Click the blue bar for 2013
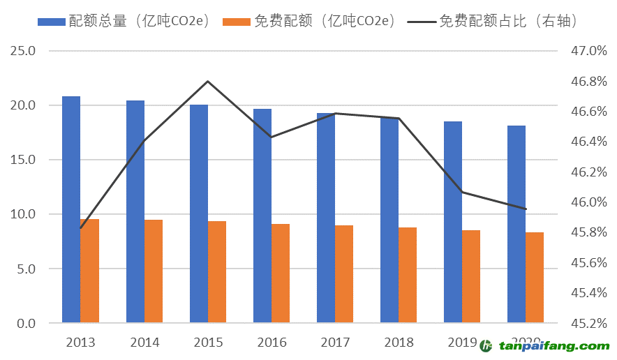tap(71, 209)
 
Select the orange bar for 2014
tap(154, 271)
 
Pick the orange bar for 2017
tap(344, 274)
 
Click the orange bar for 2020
tap(535, 278)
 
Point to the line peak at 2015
tap(208, 82)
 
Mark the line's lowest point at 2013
tap(81, 227)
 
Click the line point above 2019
tap(462, 192)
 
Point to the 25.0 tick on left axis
tap(24, 51)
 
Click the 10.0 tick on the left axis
tap(24, 214)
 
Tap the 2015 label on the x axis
tap(208, 343)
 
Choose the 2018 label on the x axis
tap(399, 343)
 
